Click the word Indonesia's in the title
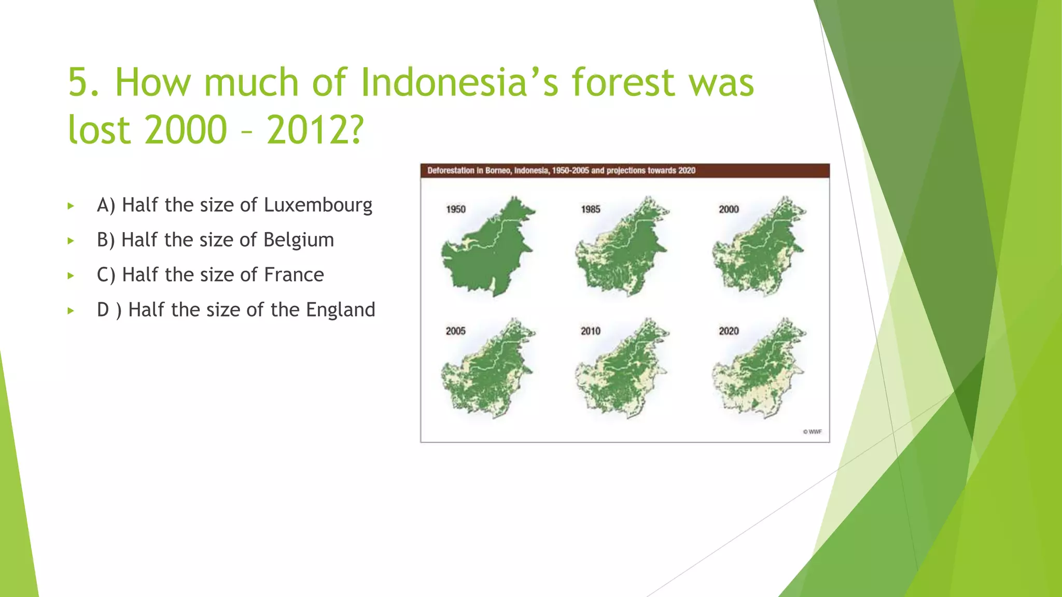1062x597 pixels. pos(459,83)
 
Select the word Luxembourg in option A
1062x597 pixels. pos(318,205)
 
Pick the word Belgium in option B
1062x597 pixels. pos(298,240)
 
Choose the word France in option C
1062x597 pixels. pos(294,275)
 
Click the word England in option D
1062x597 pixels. pos(340,310)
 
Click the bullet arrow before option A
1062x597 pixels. pos(71,206)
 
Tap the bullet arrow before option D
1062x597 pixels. pos(71,311)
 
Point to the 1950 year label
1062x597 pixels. pos(456,209)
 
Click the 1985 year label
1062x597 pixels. pos(591,209)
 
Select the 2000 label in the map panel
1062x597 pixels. pos(729,209)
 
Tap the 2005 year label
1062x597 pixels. pos(456,331)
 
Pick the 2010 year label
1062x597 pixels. pos(591,331)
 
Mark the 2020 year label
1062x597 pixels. pos(729,331)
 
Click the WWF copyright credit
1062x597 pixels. pos(812,432)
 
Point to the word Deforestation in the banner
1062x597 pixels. pos(451,170)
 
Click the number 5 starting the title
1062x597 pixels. pos(78,83)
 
